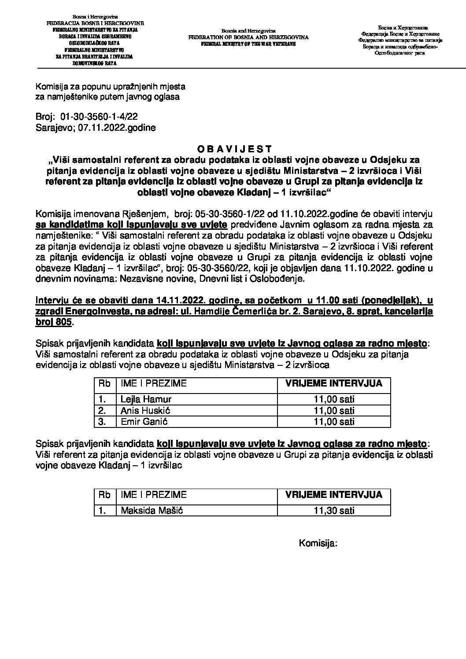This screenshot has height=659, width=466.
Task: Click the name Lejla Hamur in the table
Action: coord(146,399)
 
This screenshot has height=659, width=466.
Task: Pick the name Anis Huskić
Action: coord(146,410)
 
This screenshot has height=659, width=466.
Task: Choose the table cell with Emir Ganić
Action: coord(144,421)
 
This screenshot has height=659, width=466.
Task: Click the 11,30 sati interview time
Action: coord(334,510)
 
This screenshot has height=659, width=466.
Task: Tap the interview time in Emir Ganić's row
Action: coord(334,421)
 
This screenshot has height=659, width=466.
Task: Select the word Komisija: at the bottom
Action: coord(318,543)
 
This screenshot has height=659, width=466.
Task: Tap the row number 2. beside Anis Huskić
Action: coord(102,410)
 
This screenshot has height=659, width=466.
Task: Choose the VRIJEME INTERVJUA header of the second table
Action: coord(334,494)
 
